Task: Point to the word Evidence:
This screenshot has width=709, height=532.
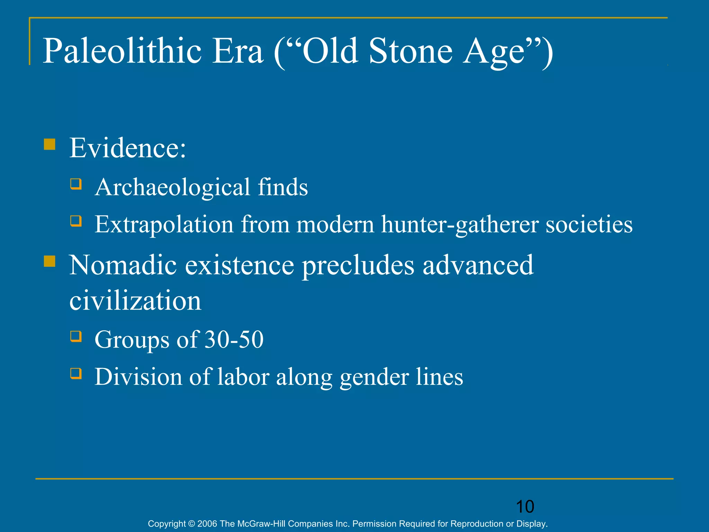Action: click(127, 148)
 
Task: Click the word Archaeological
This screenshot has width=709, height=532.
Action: click(172, 188)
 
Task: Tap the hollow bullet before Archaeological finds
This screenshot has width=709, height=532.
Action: click(76, 184)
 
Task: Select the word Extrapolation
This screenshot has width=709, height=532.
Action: click(164, 224)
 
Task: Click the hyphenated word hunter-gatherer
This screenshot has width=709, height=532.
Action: click(460, 224)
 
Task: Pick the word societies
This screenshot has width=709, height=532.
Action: click(589, 224)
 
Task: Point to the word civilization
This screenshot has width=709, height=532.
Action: click(135, 301)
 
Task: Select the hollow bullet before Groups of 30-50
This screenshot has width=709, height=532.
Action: click(76, 336)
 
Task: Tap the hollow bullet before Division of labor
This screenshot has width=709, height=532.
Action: click(76, 373)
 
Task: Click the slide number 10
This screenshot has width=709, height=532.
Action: click(525, 507)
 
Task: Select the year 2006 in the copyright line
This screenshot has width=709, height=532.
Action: click(207, 524)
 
